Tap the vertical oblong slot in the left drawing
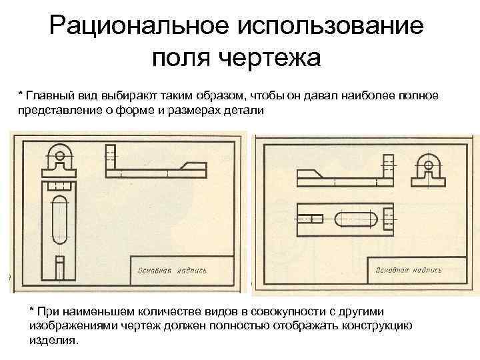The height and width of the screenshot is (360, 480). click(x=59, y=219)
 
